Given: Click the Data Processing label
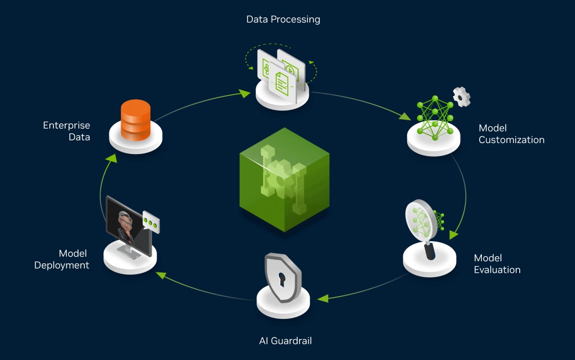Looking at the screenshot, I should point(283,20).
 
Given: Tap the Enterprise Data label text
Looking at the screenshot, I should point(66,131).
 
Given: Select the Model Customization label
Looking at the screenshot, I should point(511,134).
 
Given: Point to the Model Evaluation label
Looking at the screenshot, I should point(497,264).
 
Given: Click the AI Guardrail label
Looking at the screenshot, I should point(285,341).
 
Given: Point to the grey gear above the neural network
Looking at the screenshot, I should point(461,96).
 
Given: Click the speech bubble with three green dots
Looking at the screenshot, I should point(151,222).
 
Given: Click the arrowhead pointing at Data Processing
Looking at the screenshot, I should point(244,94).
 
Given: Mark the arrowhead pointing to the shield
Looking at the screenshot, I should point(322,298).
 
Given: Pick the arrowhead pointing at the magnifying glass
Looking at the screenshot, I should point(454,234).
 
